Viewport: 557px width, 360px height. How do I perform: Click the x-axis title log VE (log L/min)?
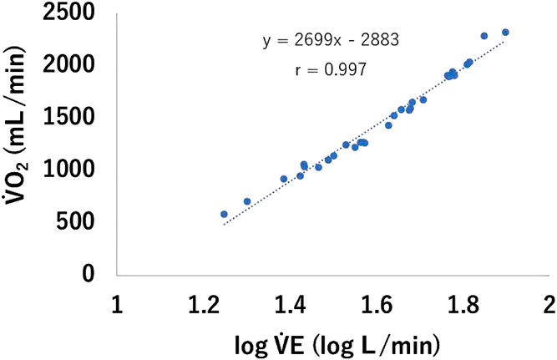[332, 342]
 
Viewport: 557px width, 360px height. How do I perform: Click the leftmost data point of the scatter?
[224, 214]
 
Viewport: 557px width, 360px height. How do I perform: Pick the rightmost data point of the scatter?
[505, 32]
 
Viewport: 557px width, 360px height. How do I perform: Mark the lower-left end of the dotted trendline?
[223, 226]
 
